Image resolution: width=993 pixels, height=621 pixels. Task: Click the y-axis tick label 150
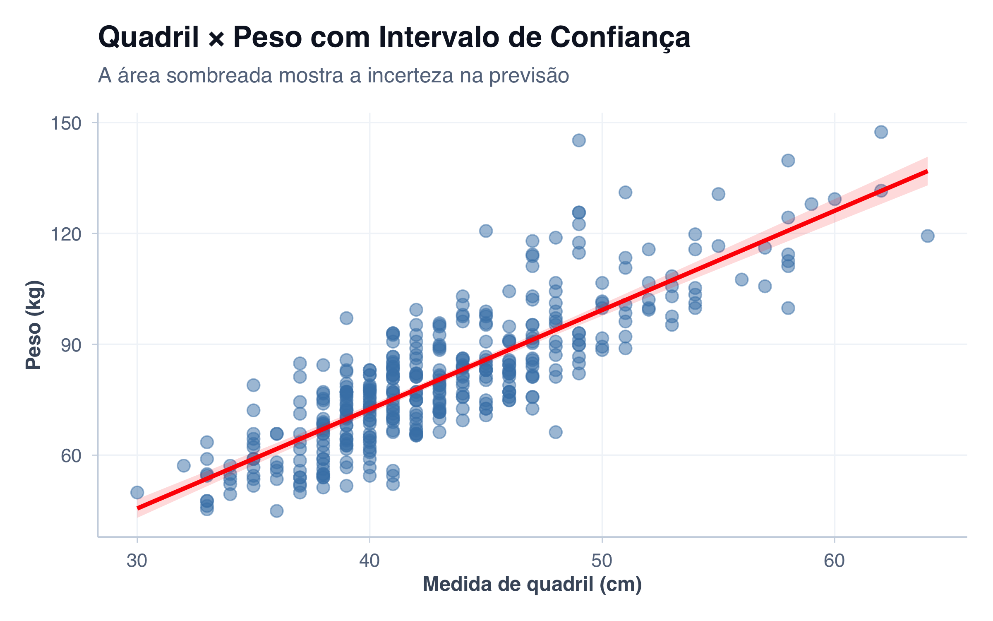pos(66,123)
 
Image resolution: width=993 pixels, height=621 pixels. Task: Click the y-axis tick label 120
pos(66,234)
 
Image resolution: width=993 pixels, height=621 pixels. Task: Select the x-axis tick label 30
pos(137,561)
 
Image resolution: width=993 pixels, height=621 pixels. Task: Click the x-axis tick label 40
pos(369,561)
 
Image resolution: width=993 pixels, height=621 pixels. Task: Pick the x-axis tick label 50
pos(602,561)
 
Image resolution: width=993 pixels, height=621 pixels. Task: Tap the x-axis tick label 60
pos(834,561)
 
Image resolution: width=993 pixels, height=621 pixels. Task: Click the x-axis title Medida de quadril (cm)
pos(532,585)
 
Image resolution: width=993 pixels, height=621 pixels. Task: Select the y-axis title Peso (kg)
pos(34,325)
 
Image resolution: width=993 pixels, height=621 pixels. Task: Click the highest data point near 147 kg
pos(881,132)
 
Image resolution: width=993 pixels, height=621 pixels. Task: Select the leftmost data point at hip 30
pos(137,493)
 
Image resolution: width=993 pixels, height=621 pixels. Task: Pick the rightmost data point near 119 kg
pos(928,236)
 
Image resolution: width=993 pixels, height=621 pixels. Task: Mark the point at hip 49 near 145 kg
pos(579,140)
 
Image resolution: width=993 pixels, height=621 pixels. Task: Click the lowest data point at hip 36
pos(277,511)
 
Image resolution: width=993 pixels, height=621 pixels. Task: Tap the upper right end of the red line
pos(927,171)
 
